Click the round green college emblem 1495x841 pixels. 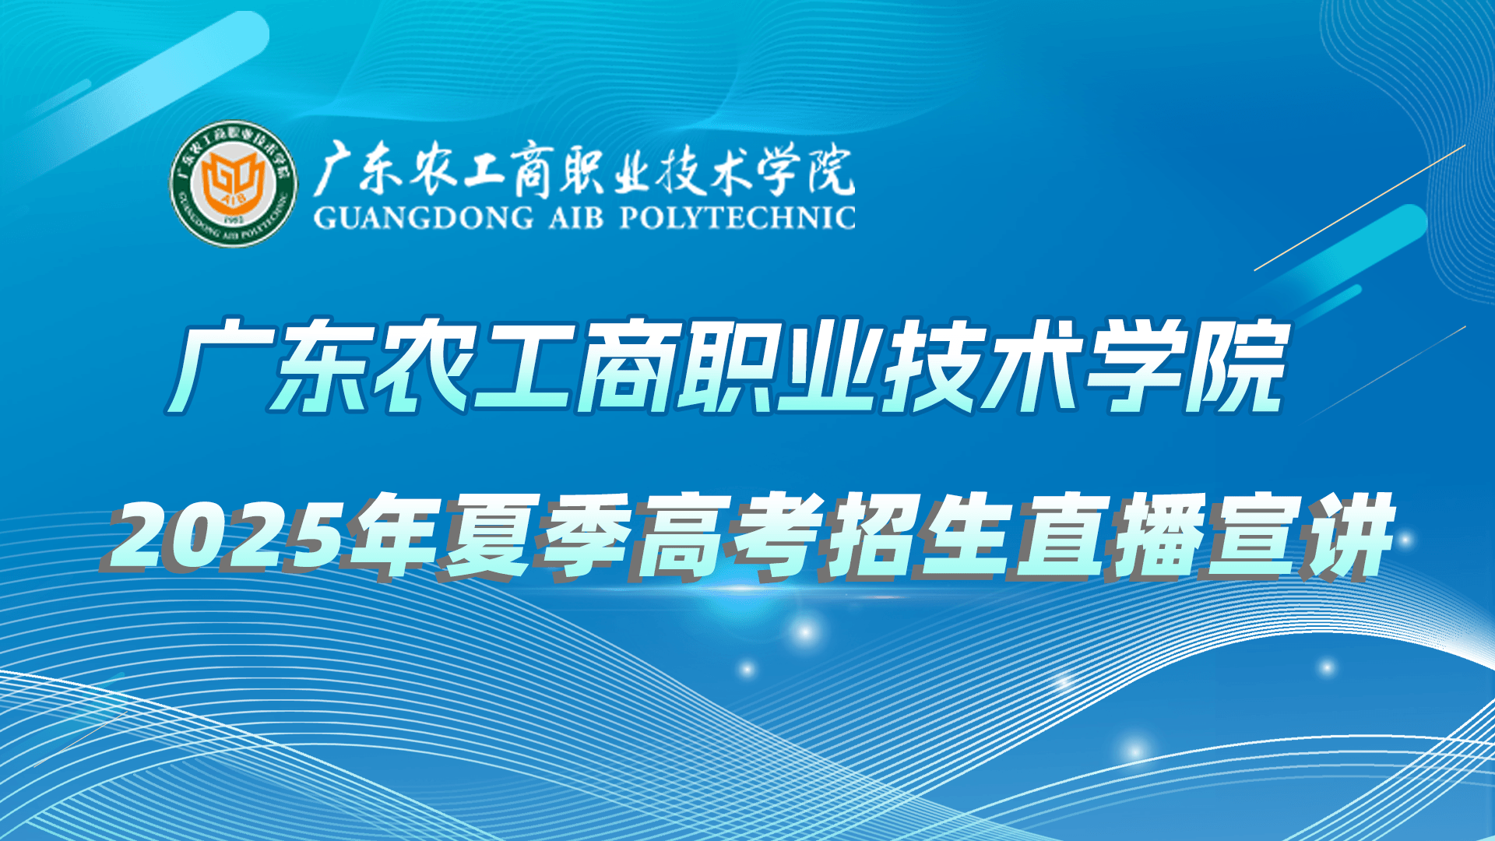click(x=234, y=184)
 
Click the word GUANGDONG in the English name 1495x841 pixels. click(x=423, y=217)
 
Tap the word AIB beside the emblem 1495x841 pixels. click(x=575, y=217)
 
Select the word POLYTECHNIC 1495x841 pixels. click(x=737, y=217)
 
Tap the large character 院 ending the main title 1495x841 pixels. click(x=1234, y=364)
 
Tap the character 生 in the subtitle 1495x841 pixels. click(x=961, y=537)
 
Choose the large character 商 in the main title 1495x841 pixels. click(x=624, y=364)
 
